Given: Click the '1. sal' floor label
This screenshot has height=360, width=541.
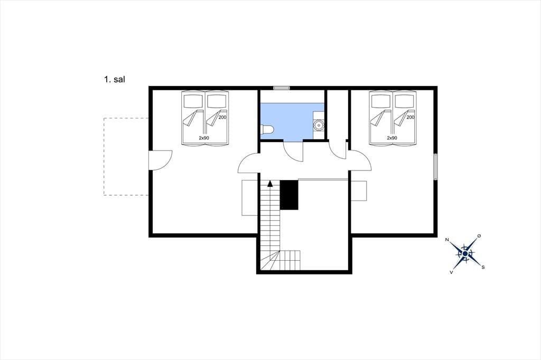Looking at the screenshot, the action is [115, 79].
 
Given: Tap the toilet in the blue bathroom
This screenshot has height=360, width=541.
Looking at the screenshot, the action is [267, 130].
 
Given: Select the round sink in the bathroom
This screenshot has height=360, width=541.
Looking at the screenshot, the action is [319, 125].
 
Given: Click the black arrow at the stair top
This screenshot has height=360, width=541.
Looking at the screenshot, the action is [270, 184].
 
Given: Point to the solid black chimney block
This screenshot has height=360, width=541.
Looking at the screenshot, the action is [289, 195].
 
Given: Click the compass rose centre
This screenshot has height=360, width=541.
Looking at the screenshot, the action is [465, 254].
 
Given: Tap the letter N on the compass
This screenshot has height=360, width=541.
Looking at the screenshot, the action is [447, 240].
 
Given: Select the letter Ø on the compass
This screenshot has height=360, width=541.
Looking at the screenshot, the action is [479, 236].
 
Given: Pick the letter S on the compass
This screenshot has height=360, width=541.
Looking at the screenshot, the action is [483, 267].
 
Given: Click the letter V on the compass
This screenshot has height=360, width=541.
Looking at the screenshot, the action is [451, 272].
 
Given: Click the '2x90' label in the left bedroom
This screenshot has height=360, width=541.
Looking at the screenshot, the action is [204, 138].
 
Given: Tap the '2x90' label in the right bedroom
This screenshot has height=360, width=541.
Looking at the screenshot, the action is [392, 138].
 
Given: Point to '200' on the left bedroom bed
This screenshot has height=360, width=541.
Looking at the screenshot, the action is [222, 117].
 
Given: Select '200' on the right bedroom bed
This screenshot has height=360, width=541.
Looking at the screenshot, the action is [410, 117].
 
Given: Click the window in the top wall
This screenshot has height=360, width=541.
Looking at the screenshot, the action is [281, 88].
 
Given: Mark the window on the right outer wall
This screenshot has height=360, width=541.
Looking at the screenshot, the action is [435, 167].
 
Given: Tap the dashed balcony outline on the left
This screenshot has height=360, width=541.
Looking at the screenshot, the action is [104, 157].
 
